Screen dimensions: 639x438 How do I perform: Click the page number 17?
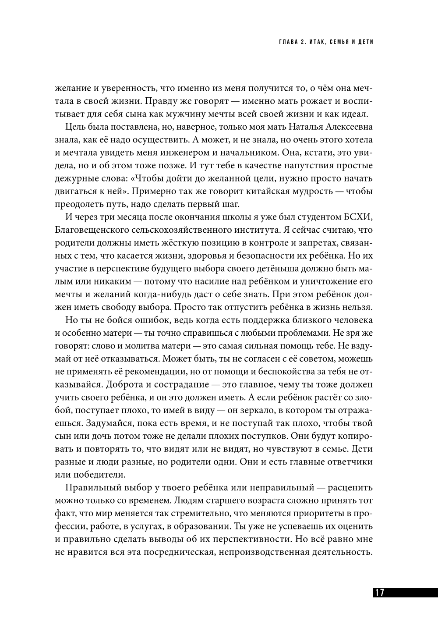(379, 593)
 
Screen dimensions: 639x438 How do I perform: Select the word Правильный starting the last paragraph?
(91, 487)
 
